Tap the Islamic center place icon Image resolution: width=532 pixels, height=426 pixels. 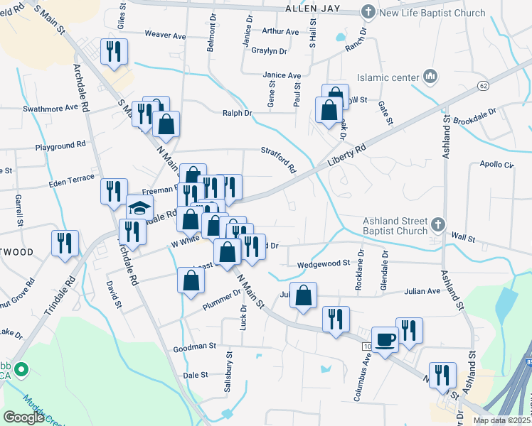click(x=430, y=76)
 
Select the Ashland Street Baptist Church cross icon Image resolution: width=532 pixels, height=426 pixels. click(x=438, y=225)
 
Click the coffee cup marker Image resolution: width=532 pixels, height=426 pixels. click(x=385, y=339)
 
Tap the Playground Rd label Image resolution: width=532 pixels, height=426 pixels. click(x=60, y=146)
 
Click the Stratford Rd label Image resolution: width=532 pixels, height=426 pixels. click(x=277, y=160)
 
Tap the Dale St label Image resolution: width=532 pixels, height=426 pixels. click(x=195, y=374)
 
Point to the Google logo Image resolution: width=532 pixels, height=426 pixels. click(x=24, y=417)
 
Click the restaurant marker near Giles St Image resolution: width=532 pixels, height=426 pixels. click(x=114, y=51)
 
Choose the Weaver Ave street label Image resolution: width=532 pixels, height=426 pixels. click(x=164, y=35)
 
